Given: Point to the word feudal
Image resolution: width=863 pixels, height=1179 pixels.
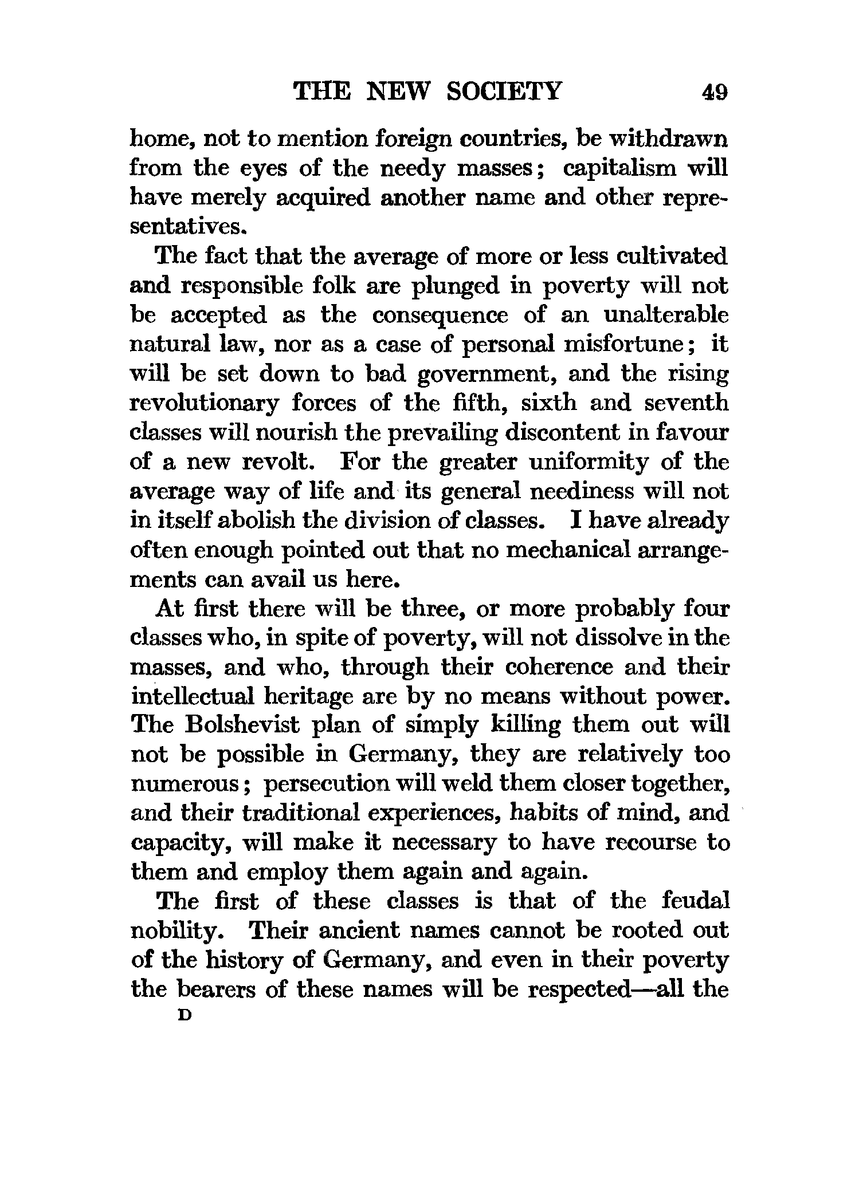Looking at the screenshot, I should [696, 901].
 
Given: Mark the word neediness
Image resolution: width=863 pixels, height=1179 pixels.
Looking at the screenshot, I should [579, 491].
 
